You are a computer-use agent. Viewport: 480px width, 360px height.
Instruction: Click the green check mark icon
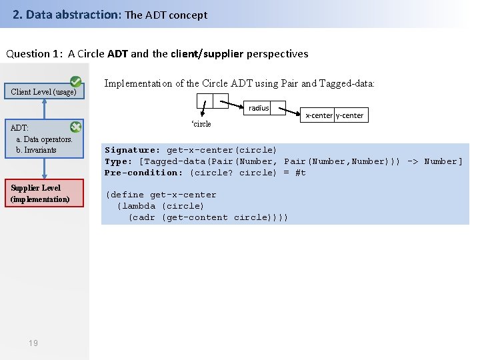click(76, 81)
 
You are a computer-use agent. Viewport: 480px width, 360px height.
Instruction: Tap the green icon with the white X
click(76, 127)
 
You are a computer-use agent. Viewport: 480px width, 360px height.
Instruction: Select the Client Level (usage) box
click(44, 92)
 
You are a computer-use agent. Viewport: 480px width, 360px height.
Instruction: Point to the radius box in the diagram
click(259, 108)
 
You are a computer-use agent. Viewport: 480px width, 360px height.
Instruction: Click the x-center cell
click(319, 115)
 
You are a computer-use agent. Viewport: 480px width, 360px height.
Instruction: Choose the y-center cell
click(350, 115)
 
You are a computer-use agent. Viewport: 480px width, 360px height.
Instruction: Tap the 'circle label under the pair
click(201, 124)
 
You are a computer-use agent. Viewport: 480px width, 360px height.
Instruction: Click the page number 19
click(33, 343)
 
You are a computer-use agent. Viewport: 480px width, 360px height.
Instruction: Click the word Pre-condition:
click(143, 173)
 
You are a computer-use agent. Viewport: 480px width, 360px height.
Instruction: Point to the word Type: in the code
click(119, 161)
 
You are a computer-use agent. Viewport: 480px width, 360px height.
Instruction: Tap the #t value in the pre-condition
click(300, 173)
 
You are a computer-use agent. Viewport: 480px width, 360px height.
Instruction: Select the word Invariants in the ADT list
click(40, 150)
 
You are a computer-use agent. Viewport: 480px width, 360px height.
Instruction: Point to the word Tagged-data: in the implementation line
click(347, 83)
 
